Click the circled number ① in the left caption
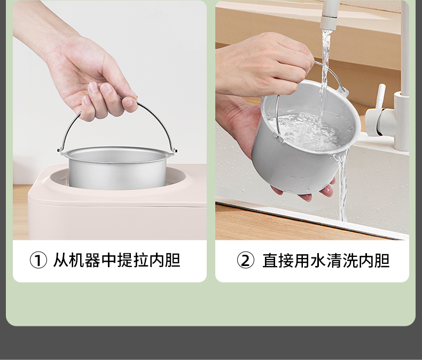click(x=38, y=260)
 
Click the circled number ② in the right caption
click(x=245, y=260)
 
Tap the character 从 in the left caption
click(x=60, y=260)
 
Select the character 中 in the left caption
click(x=108, y=260)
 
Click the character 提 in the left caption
click(x=124, y=260)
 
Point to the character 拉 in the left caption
click(x=140, y=260)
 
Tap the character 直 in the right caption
click(x=270, y=260)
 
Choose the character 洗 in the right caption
click(x=350, y=260)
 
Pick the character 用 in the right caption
click(x=302, y=260)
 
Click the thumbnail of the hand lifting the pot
click(x=128, y=101)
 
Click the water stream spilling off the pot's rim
click(x=341, y=186)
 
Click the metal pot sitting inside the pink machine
click(x=117, y=167)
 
